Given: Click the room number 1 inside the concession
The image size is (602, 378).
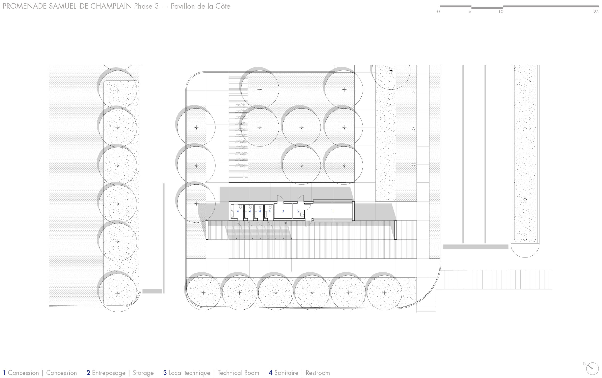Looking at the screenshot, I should (333, 211).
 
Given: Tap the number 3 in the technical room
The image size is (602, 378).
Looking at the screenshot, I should (283, 211).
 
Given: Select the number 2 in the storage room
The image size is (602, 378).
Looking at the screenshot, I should (298, 211).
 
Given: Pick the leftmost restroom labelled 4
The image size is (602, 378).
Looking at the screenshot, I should (238, 211).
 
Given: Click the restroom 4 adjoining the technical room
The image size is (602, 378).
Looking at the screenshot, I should (269, 211).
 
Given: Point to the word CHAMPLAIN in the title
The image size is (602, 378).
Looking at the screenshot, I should (111, 6).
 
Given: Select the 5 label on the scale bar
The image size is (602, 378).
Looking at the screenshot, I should (470, 12).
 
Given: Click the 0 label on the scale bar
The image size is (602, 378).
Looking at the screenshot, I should (438, 12).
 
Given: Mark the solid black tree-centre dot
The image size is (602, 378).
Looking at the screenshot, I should (391, 70).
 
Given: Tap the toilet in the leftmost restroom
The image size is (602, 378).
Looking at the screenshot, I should (241, 207).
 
